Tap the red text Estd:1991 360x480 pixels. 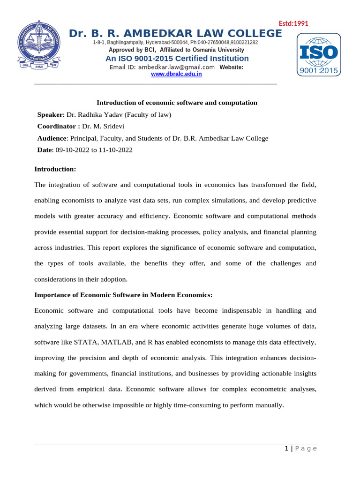(x=293, y=24)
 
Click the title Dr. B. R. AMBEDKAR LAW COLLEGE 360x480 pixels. (x=175, y=34)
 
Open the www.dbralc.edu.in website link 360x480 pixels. (x=176, y=74)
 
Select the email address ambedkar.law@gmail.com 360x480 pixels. (x=162, y=67)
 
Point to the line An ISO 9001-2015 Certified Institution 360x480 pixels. (x=177, y=59)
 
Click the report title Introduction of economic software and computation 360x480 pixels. (x=177, y=103)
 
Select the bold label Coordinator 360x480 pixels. (x=57, y=127)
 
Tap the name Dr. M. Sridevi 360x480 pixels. (x=103, y=127)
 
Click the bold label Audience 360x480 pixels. (x=52, y=138)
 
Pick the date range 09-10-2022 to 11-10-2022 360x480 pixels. (x=94, y=150)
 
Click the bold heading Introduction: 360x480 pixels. (x=55, y=169)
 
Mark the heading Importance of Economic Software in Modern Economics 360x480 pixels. (x=124, y=295)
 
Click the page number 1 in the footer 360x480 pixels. (x=286, y=449)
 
